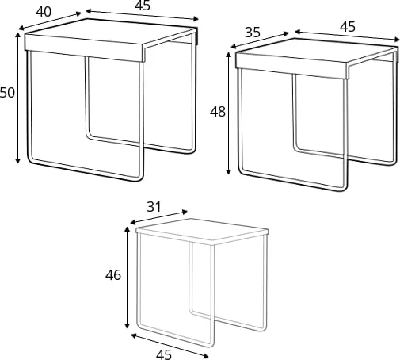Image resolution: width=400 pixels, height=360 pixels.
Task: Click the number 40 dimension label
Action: click(x=44, y=12)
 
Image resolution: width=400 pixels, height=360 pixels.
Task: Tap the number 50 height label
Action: click(x=7, y=93)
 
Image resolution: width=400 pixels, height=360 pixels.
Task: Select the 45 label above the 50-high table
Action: click(x=143, y=6)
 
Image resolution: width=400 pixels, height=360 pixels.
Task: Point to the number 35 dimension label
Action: click(x=253, y=33)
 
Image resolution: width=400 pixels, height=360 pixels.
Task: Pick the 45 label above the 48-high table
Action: click(x=348, y=27)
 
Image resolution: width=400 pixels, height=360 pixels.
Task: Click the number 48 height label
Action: click(x=218, y=112)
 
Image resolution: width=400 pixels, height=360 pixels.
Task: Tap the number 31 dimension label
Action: click(x=154, y=207)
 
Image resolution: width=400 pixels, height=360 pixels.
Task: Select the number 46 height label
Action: click(x=113, y=275)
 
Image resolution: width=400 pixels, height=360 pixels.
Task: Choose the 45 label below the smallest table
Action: click(x=164, y=354)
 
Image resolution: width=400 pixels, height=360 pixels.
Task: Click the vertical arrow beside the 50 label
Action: click(x=18, y=98)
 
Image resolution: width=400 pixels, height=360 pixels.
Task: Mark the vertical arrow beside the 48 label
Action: click(x=229, y=113)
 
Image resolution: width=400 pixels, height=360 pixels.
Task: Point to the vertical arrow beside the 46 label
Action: click(x=128, y=278)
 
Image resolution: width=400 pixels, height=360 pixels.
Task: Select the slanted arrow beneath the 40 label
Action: click(x=50, y=21)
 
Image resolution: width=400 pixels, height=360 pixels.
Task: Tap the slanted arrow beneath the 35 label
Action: click(x=260, y=40)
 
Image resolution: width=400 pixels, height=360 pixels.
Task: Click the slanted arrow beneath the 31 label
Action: click(x=159, y=217)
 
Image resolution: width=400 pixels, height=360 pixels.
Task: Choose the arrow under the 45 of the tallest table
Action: click(x=142, y=15)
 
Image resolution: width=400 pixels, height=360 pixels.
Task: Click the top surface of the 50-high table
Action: click(x=111, y=31)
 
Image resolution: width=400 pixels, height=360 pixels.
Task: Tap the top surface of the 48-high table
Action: click(x=317, y=51)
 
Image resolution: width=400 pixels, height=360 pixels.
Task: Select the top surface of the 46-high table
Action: click(x=202, y=229)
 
